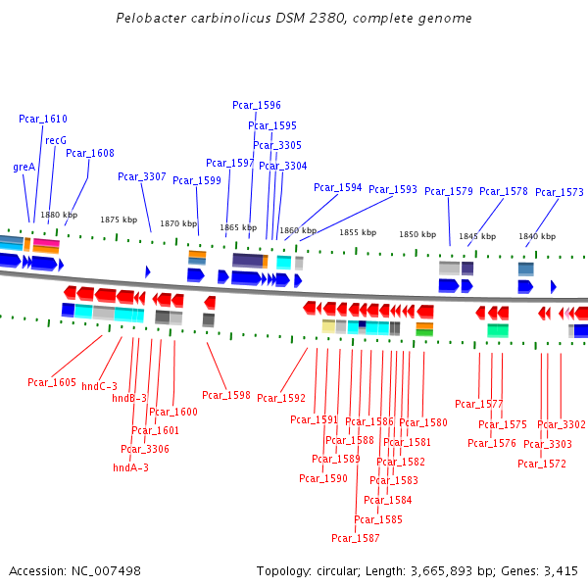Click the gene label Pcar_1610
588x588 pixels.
pyautogui.click(x=43, y=119)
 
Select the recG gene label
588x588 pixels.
pyautogui.click(x=56, y=140)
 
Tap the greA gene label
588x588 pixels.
pyautogui.click(x=24, y=167)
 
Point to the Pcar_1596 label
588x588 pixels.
pyautogui.click(x=257, y=105)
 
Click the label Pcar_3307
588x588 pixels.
pyautogui.click(x=142, y=176)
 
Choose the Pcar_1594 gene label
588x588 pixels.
pyautogui.click(x=338, y=187)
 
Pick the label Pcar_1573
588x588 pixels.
pyautogui.click(x=560, y=192)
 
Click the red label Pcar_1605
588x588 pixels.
pyautogui.click(x=52, y=382)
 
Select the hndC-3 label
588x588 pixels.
pyautogui.click(x=99, y=386)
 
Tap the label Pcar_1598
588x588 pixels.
pyautogui.click(x=226, y=395)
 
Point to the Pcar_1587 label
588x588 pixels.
pyautogui.click(x=356, y=538)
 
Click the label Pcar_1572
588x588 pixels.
pyautogui.click(x=542, y=464)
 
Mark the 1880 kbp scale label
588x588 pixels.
pyautogui.click(x=59, y=215)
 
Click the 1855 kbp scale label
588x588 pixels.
pyautogui.click(x=358, y=232)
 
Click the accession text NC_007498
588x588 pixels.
pyautogui.click(x=108, y=570)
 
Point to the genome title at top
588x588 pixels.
pyautogui.click(x=294, y=19)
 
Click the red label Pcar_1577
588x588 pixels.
pyautogui.click(x=479, y=404)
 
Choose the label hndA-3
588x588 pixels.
pyautogui.click(x=131, y=467)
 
